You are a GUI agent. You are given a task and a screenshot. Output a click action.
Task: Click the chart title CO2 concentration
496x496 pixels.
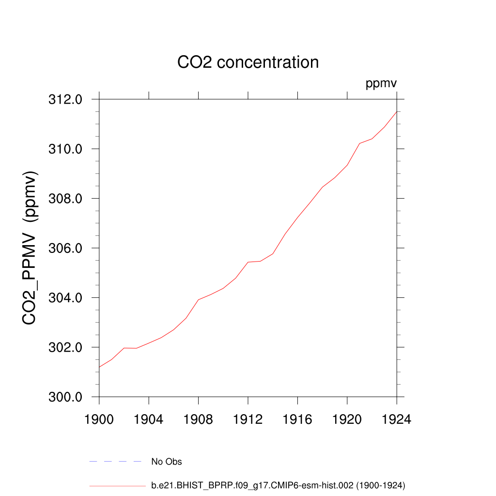248,62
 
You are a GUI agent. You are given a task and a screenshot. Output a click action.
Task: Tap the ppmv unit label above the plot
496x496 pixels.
381,84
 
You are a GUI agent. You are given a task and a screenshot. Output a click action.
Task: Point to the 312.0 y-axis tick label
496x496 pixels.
65,100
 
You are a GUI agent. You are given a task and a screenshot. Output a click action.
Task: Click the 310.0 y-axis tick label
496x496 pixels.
65,149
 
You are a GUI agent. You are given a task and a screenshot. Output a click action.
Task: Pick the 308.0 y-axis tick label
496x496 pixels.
65,199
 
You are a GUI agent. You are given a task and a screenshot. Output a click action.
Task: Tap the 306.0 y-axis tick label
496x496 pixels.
65,248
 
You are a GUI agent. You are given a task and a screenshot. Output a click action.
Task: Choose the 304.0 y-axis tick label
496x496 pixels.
65,298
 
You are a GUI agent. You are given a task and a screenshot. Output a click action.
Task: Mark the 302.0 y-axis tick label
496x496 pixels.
65,348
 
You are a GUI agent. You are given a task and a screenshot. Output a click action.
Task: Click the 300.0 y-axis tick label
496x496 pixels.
65,397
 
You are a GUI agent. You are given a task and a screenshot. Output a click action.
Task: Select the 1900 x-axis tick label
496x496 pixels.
99,419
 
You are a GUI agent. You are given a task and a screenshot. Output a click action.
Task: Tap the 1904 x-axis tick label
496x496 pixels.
149,419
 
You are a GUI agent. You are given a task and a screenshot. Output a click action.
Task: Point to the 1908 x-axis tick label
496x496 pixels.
199,419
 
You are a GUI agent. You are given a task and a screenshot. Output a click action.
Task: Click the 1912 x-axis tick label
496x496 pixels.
248,419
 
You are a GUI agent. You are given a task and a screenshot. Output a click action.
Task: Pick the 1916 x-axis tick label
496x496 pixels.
297,419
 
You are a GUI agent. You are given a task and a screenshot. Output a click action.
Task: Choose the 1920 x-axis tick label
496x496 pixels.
347,419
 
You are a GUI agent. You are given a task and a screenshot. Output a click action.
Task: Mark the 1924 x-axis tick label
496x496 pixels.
397,419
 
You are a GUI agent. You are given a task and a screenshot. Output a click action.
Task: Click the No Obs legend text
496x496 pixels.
167,462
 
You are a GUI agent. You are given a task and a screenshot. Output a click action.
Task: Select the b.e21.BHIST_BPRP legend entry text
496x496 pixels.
278,485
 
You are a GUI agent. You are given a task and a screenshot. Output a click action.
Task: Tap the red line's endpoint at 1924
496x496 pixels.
397,112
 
